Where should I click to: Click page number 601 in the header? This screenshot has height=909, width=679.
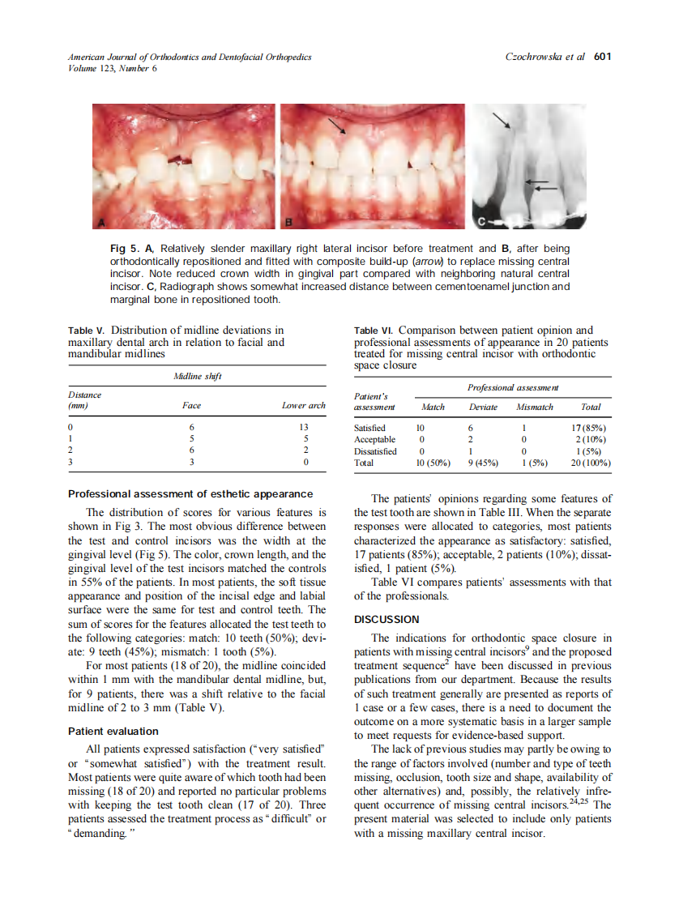point(602,57)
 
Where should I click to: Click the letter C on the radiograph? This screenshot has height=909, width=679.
point(481,220)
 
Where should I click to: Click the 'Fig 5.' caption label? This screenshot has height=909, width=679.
point(123,248)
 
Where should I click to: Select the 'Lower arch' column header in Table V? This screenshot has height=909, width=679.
point(304,405)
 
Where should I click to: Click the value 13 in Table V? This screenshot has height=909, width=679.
point(304,427)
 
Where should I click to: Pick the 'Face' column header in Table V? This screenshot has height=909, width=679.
point(192,405)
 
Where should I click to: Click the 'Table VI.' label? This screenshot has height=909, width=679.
point(374,331)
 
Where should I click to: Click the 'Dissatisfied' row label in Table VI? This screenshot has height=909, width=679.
point(375,451)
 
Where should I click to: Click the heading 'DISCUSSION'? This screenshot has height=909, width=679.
point(386,619)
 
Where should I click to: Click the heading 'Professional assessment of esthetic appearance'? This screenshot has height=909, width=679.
point(190,493)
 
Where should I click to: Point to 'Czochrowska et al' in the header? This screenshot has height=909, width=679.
point(544,57)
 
